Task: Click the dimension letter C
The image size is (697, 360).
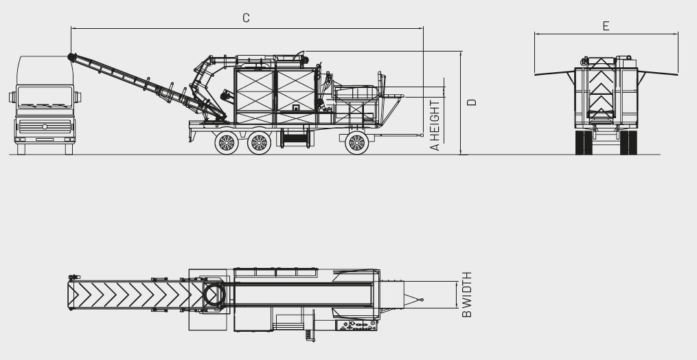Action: click(246, 18)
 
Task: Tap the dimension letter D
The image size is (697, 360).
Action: click(471, 102)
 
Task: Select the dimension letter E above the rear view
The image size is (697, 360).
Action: click(606, 26)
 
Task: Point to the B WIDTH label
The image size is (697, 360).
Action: click(467, 295)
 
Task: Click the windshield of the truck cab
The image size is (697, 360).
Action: click(45, 97)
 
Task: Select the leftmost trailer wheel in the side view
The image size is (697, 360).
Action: click(226, 143)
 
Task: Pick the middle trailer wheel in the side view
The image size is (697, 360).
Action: click(259, 143)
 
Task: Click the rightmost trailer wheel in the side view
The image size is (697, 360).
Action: click(356, 143)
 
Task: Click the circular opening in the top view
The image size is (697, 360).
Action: click(214, 295)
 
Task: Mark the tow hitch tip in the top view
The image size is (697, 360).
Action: click(422, 300)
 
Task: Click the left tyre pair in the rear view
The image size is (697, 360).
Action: click(584, 142)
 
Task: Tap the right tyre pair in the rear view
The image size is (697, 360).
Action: click(628, 142)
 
